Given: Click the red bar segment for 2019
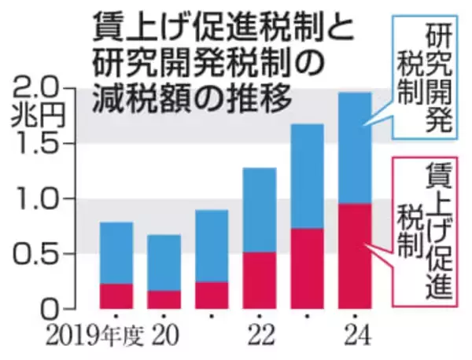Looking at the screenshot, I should [116, 296].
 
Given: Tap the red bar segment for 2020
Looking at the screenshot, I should [164, 299].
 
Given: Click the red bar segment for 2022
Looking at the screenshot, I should [259, 281].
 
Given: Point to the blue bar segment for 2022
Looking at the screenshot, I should [259, 210].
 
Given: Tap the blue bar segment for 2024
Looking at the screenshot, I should [354, 149].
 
